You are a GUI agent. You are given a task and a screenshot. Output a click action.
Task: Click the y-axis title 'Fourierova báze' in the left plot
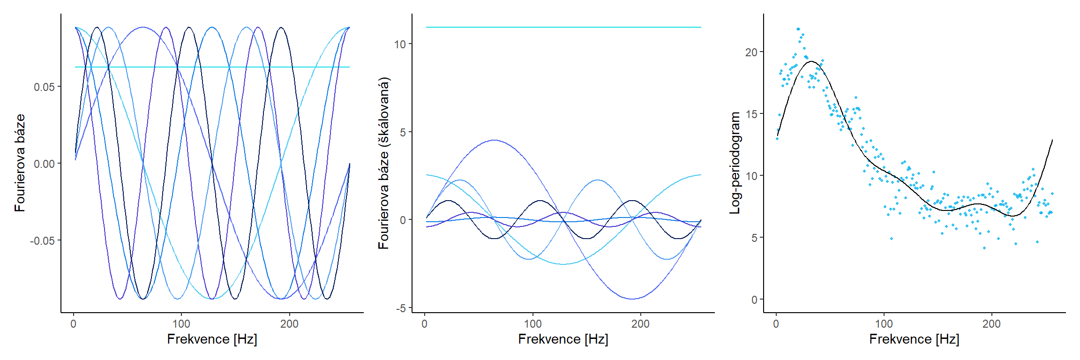click(20, 163)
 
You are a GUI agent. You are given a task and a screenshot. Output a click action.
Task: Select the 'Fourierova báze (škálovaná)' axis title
click(384, 163)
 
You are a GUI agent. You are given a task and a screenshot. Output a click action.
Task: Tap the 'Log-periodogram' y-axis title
click(735, 163)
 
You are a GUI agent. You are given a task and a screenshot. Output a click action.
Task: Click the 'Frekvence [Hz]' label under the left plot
click(212, 339)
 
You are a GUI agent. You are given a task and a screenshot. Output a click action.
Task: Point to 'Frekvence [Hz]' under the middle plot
click(563, 339)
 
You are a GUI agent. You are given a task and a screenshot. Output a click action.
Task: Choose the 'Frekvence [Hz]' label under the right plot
click(914, 339)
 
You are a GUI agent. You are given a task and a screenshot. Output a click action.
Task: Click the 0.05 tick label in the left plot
click(44, 87)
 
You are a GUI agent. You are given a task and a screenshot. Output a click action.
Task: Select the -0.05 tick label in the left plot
click(43, 241)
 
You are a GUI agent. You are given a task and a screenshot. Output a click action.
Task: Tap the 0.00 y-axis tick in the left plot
click(44, 164)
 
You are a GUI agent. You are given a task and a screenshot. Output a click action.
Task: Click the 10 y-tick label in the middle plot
click(400, 45)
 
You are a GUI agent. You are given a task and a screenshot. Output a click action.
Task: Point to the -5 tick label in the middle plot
click(401, 308)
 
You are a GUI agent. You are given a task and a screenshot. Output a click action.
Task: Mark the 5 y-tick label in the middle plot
click(403, 132)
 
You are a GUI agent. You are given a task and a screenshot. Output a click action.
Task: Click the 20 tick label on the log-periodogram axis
click(751, 52)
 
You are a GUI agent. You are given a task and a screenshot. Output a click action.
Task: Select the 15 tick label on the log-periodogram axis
click(751, 114)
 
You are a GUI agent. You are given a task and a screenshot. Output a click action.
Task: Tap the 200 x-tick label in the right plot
click(991, 324)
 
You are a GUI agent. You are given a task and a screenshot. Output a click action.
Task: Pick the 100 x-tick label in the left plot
click(181, 324)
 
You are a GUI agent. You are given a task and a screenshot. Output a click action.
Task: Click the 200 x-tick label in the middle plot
click(640, 324)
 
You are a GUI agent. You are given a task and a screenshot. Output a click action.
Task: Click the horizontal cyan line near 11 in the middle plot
click(562, 27)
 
